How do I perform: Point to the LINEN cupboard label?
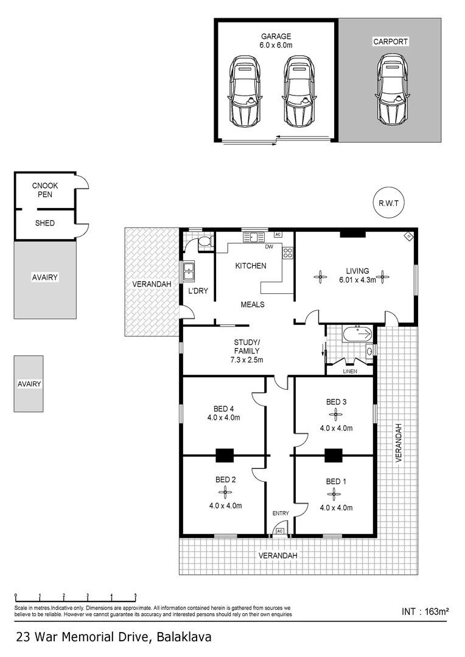(349, 371)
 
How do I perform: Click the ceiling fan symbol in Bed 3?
(335, 415)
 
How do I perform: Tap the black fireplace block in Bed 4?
(225, 455)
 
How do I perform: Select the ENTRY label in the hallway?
(281, 513)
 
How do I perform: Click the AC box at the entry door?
(281, 531)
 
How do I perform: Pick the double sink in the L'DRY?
(188, 269)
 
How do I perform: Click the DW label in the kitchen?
(268, 247)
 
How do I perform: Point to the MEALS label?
(252, 304)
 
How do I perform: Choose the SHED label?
(44, 223)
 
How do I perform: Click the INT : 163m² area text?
(425, 611)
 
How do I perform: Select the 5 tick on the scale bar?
(135, 596)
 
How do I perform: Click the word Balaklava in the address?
(184, 638)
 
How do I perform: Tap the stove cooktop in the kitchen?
(288, 252)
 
